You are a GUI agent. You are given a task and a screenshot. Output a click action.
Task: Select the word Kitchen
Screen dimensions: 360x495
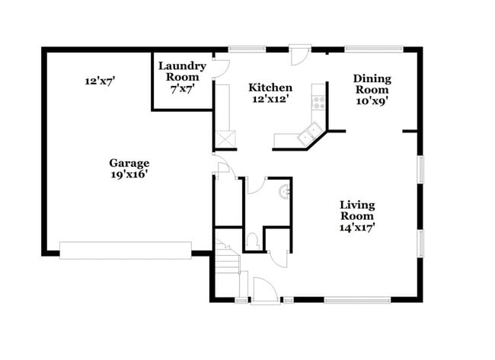coord(270,88)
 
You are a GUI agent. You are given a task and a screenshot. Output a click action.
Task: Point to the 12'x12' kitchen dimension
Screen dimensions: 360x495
coord(270,99)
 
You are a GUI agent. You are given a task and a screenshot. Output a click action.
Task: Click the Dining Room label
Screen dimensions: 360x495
coord(372,84)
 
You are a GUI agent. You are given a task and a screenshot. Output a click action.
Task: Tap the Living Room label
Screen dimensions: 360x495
coord(356,210)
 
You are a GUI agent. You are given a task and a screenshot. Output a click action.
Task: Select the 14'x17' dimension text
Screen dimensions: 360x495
coord(356,227)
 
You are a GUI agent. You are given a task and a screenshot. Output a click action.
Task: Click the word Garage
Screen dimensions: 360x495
coord(129,163)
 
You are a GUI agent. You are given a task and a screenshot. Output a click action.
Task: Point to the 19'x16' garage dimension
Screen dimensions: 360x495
coord(129,174)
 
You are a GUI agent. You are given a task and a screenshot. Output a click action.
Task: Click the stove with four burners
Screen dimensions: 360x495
coord(318,103)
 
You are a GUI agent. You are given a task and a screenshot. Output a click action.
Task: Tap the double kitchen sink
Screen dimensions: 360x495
coord(309,135)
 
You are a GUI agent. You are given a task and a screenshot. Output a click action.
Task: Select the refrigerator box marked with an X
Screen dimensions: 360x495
coord(226,139)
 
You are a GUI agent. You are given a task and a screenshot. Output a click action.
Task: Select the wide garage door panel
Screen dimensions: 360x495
coord(126,250)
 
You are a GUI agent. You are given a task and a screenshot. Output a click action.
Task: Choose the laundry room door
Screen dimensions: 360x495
coord(219,66)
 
